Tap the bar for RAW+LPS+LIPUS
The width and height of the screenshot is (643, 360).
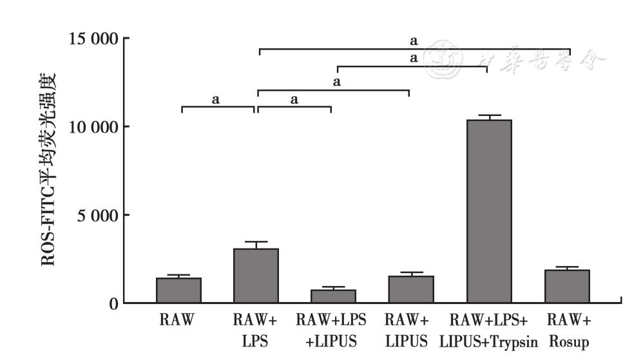(x=333, y=296)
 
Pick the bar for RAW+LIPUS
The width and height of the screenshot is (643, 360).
(x=411, y=289)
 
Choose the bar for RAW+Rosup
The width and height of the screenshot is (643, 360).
(x=567, y=286)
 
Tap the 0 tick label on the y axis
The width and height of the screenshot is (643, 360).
(x=113, y=303)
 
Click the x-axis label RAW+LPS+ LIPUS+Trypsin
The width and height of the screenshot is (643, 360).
(x=489, y=331)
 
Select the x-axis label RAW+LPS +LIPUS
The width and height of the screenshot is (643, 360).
(x=332, y=331)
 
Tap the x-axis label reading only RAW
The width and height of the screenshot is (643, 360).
(x=178, y=320)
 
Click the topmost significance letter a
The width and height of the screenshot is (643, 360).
(x=414, y=41)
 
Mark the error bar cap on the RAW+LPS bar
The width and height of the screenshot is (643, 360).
(x=256, y=242)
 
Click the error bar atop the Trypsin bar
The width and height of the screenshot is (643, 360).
(x=489, y=116)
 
